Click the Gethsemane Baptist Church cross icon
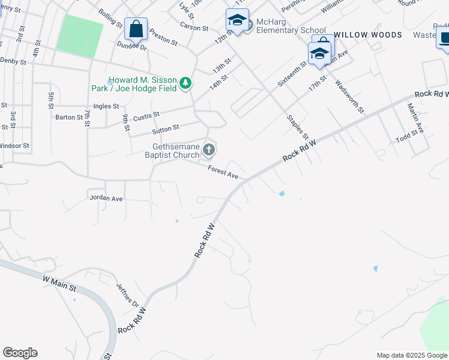209,148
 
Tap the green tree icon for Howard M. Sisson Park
186,83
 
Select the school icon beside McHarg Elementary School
237,21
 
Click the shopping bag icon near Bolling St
136,29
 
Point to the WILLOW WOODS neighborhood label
368,35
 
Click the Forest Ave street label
223,173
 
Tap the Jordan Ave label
105,197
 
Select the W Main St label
59,283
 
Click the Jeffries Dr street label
127,294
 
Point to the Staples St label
297,127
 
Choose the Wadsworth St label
349,96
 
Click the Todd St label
406,140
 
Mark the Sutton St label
166,128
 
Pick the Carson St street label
194,27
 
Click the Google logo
20,353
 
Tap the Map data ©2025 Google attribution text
411,355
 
